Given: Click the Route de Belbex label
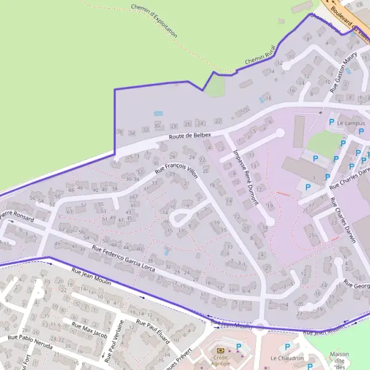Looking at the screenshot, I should (x=190, y=136).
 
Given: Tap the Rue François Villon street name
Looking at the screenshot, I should (x=176, y=167).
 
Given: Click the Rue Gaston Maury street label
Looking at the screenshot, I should (x=343, y=72).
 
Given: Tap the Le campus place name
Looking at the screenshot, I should (x=351, y=123).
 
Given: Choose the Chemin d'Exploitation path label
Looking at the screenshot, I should (x=154, y=21).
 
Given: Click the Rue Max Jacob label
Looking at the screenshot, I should (x=90, y=331).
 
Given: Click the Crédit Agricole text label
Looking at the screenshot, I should (x=220, y=360).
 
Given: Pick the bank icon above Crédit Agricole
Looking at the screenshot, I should (x=220, y=350).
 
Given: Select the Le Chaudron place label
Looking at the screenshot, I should (x=287, y=358).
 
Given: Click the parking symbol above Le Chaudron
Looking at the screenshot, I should (x=287, y=347).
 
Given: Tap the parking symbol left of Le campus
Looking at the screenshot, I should (x=331, y=123).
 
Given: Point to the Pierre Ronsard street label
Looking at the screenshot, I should (x=17, y=215).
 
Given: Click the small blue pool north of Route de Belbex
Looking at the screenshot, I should (x=158, y=114).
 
